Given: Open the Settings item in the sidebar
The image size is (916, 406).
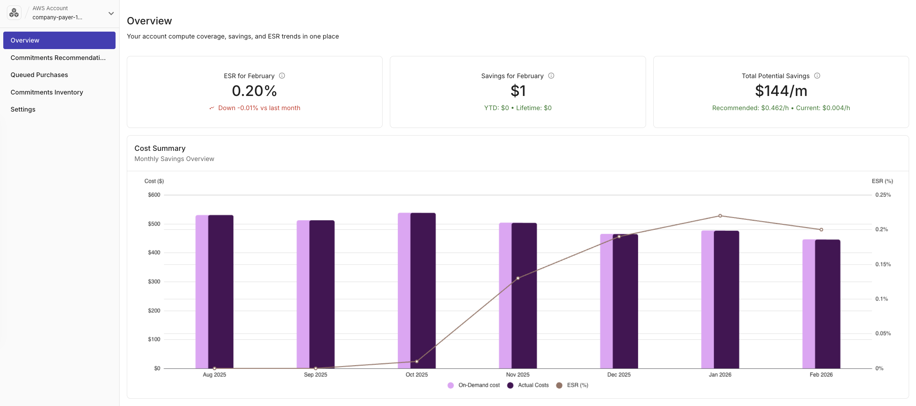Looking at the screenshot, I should (x=23, y=109).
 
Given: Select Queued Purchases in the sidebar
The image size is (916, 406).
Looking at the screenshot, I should (x=39, y=75).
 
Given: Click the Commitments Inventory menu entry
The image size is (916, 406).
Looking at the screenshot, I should (x=47, y=92).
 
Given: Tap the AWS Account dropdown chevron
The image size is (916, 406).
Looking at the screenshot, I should (x=111, y=13).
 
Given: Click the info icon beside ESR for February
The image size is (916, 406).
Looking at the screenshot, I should (x=282, y=76).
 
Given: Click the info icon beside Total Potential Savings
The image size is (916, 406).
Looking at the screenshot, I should (x=817, y=76).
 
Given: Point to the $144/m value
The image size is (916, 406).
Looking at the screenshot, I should (x=781, y=91).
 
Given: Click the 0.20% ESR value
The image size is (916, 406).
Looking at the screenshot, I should (x=254, y=91).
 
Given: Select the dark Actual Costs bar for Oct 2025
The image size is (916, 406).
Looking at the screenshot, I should (x=423, y=291).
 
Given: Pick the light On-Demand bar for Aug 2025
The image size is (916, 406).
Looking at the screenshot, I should (x=202, y=291).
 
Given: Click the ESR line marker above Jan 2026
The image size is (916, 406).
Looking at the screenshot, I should (x=720, y=216).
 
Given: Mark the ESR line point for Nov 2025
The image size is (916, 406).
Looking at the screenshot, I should (x=518, y=278).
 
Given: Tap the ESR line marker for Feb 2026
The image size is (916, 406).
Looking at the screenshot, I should (x=821, y=230).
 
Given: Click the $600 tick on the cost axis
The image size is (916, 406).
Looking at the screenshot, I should (x=154, y=195).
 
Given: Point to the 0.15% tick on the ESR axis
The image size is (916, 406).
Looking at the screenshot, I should (x=883, y=264).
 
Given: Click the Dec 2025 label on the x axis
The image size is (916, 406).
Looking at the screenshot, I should (x=619, y=375).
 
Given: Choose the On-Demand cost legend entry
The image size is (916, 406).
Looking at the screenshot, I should (x=474, y=385).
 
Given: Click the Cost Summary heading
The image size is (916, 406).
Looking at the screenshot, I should (x=160, y=148).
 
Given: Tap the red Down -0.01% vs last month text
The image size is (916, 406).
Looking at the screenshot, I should (x=259, y=108).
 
